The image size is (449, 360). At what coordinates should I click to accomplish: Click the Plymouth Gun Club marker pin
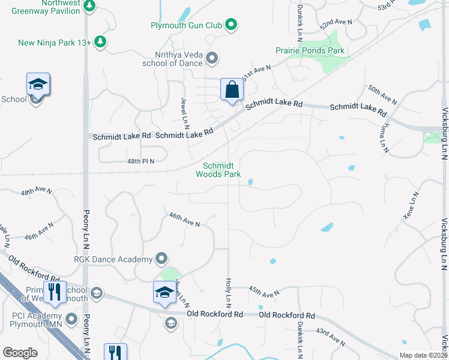(x=231, y=25)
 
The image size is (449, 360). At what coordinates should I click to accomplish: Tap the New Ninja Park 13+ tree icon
(x=101, y=42)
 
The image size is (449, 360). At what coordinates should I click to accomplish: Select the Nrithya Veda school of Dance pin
(x=211, y=58)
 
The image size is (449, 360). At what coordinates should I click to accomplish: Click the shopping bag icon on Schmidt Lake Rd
(x=232, y=90)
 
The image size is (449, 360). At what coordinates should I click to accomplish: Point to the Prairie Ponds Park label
(x=310, y=51)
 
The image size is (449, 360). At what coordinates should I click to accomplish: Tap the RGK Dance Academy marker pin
(x=161, y=259)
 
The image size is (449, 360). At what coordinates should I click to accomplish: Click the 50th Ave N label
(x=383, y=95)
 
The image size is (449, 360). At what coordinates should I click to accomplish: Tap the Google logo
(x=20, y=353)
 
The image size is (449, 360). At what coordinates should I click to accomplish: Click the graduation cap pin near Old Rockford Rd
(x=164, y=292)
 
